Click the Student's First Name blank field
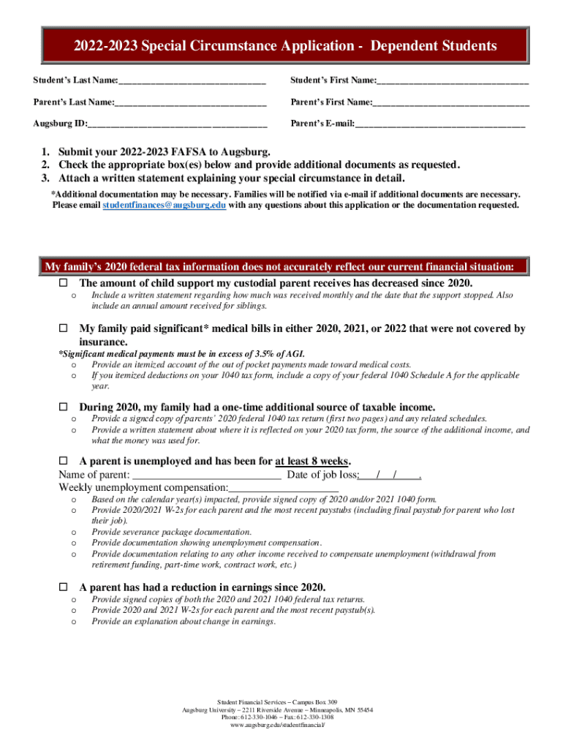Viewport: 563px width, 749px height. (453, 80)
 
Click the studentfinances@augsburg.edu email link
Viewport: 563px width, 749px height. (164, 206)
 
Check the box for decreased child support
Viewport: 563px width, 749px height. (63, 283)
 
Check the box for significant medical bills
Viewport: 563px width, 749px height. (63, 329)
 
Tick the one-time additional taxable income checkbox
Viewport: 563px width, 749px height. (63, 407)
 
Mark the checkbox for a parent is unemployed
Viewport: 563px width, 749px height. (63, 462)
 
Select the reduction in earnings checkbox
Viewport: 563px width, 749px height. (63, 587)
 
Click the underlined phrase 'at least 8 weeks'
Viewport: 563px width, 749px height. (312, 462)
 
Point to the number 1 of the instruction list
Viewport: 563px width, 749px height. (45, 152)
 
